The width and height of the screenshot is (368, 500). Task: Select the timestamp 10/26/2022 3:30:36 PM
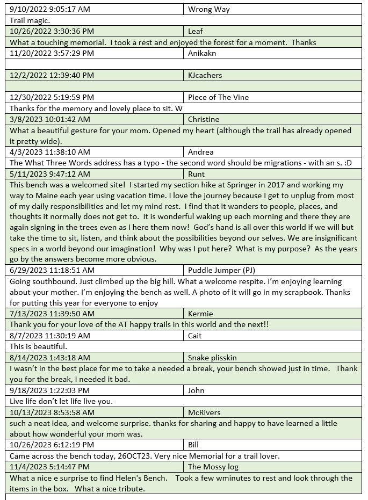click(x=52, y=31)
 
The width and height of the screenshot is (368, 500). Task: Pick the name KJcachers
click(x=205, y=75)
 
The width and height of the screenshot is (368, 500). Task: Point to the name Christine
click(x=204, y=119)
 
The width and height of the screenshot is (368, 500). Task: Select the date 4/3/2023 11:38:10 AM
click(x=50, y=152)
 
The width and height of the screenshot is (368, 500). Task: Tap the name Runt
click(x=197, y=174)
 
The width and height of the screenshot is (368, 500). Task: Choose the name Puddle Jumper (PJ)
click(x=222, y=270)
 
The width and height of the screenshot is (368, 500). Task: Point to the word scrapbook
click(x=280, y=292)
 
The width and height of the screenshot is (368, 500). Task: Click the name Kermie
click(x=200, y=314)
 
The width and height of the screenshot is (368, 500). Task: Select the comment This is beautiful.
click(x=39, y=346)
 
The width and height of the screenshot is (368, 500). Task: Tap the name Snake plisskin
click(x=212, y=358)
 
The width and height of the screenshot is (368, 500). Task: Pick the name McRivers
click(x=205, y=412)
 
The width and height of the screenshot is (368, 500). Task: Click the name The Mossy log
click(x=213, y=467)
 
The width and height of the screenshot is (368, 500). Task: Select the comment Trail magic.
click(x=30, y=20)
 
